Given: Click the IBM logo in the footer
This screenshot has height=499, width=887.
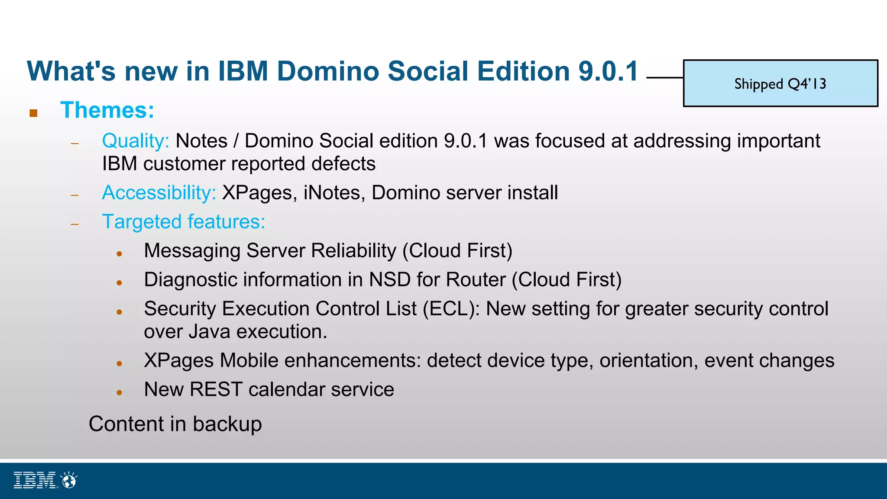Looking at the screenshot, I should click(x=35, y=480).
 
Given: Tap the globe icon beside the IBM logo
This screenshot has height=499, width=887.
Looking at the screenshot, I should click(x=69, y=480).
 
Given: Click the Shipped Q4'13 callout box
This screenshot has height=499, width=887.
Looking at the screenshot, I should click(x=780, y=83).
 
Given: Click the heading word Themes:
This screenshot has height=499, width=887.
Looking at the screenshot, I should click(x=107, y=110).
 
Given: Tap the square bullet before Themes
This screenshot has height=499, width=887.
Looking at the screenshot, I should click(x=33, y=113).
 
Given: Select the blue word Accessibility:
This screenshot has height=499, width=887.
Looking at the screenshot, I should click(x=159, y=193).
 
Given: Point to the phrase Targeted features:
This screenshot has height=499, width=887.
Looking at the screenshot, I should click(x=183, y=222).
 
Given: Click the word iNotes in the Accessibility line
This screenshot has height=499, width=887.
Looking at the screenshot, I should click(x=332, y=193).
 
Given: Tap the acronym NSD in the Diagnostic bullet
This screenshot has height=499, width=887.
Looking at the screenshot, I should click(x=389, y=280).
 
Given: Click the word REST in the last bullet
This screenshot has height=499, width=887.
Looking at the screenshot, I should click(x=215, y=389).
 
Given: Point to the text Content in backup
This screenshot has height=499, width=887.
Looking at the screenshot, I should click(x=175, y=424).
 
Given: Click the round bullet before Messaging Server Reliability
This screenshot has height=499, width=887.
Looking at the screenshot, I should click(x=120, y=254).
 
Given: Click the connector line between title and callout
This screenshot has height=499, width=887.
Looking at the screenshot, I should click(x=664, y=78).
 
